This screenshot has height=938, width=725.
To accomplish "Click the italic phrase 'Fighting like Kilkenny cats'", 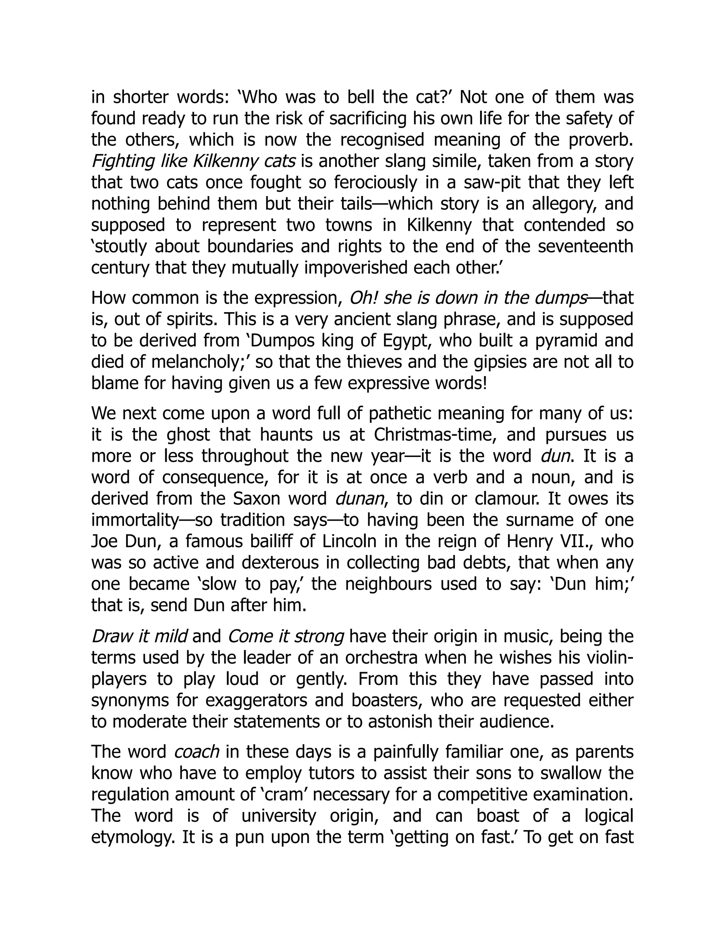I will click(193, 161).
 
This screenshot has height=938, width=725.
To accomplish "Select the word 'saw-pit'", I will click(492, 183).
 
